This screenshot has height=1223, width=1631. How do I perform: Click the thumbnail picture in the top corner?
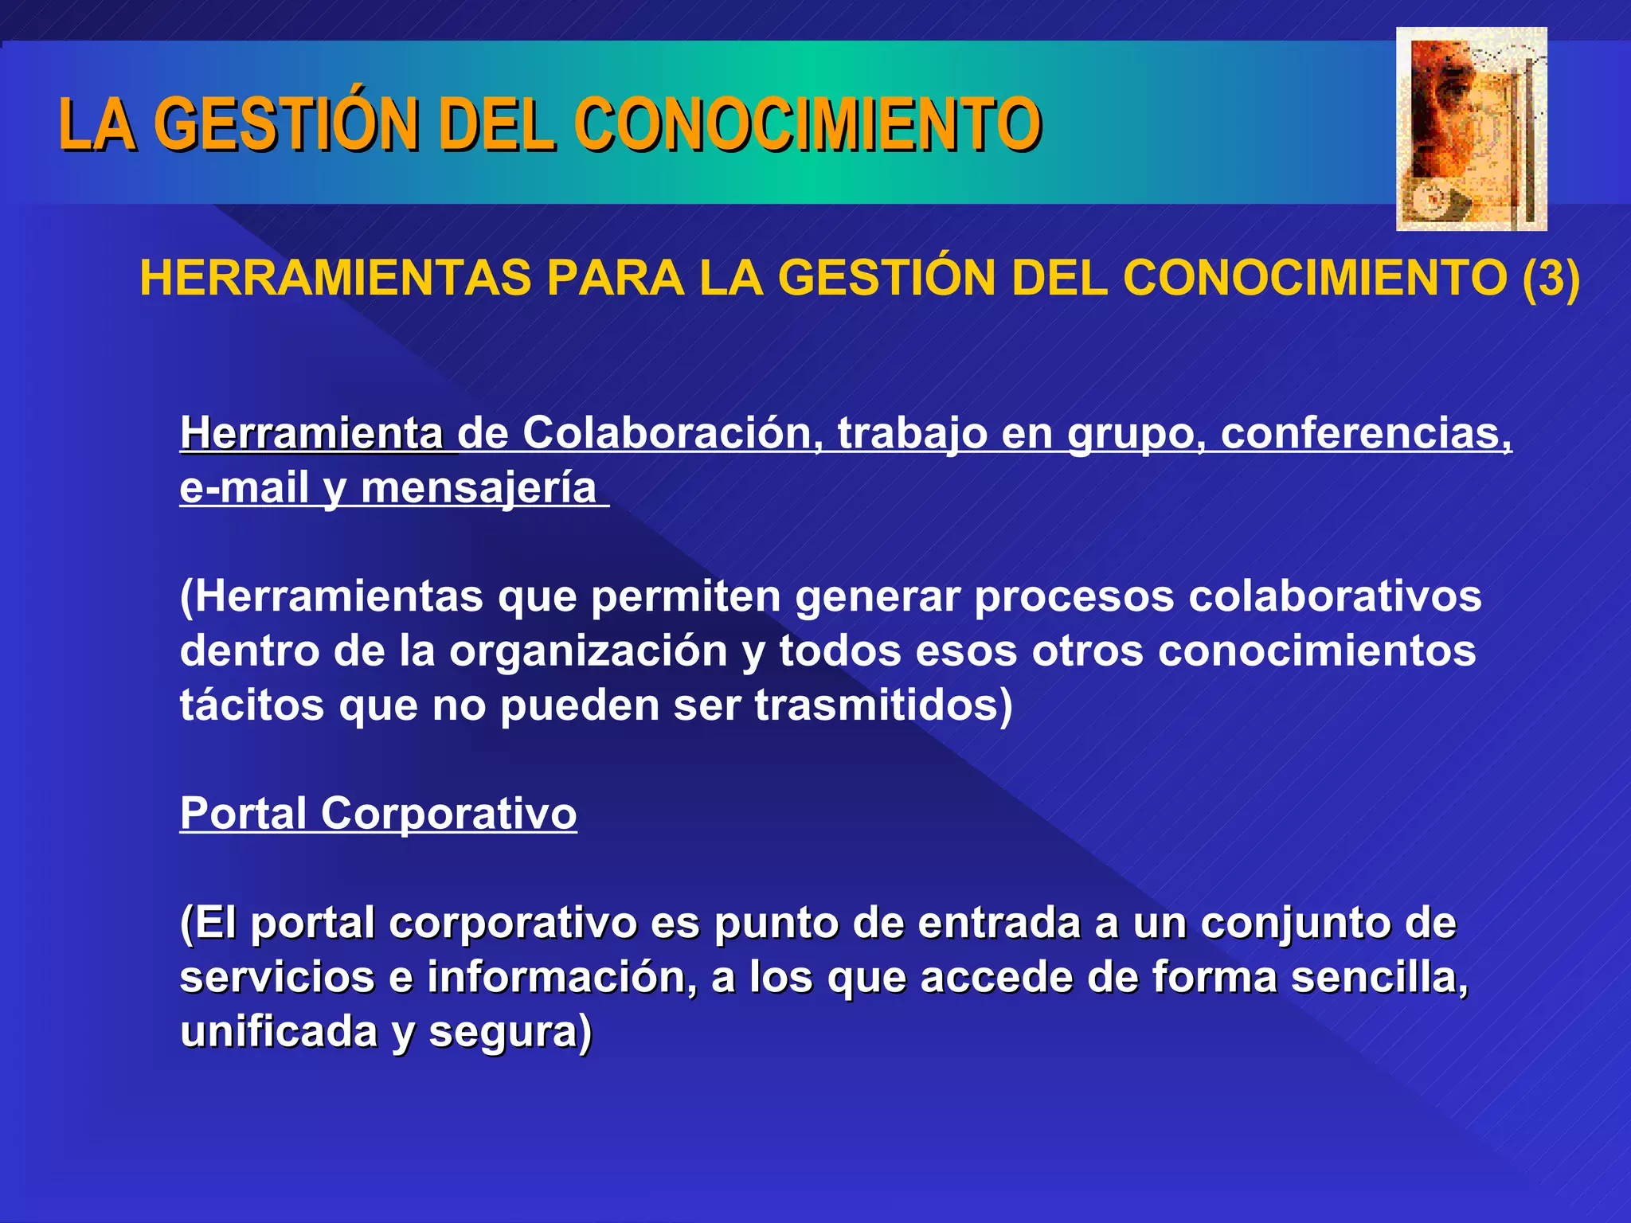coord(1471,129)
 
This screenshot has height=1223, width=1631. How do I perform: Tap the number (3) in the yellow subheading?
coord(1550,279)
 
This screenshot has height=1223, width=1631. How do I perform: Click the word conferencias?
coord(1365,434)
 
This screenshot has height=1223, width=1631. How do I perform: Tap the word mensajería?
coord(479,488)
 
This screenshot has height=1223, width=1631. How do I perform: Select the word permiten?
coord(685,596)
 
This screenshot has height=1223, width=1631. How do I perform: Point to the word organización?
coord(589,651)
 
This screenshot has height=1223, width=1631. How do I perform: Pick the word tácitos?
coord(252,705)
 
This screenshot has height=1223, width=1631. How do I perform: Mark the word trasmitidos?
coord(883,705)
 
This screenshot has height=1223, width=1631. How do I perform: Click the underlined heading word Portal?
coord(244,814)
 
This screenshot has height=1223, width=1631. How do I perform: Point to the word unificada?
coord(279,1032)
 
